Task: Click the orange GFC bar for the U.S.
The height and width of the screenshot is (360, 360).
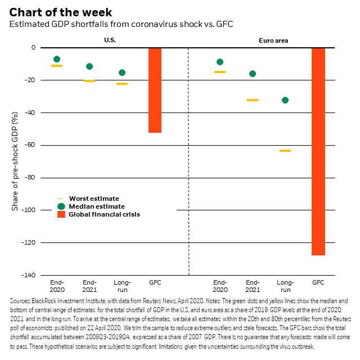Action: pos(155,90)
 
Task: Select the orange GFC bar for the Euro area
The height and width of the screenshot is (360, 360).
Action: pos(318,151)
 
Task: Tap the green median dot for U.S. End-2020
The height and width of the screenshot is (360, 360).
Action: pos(57,59)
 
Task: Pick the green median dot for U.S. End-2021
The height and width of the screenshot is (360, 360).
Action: pos(89,66)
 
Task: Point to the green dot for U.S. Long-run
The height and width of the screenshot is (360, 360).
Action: pos(122,73)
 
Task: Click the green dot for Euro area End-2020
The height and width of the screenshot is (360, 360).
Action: pos(220,62)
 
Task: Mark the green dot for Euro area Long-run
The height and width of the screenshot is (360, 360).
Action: pos(285,100)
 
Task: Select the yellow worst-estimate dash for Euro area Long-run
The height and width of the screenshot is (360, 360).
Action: pos(285,151)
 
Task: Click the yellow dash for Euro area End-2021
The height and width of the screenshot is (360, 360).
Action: pos(253,100)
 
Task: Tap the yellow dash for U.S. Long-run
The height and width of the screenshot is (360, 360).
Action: pos(122,84)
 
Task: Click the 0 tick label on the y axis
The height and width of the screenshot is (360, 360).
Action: pos(34,48)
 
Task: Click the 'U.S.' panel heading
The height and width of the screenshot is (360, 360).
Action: pos(110,40)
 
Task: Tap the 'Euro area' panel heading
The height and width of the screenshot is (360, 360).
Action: pos(271,40)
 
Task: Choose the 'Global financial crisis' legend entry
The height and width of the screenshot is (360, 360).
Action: pos(104,214)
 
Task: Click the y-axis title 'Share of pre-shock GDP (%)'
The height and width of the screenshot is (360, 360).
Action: pos(15,161)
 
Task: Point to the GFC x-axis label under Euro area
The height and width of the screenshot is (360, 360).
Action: pos(318,282)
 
